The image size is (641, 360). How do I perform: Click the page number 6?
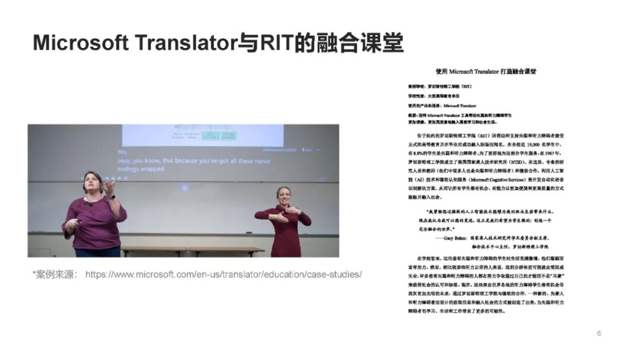pos(599,333)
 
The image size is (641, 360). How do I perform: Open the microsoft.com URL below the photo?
pos(223,275)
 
